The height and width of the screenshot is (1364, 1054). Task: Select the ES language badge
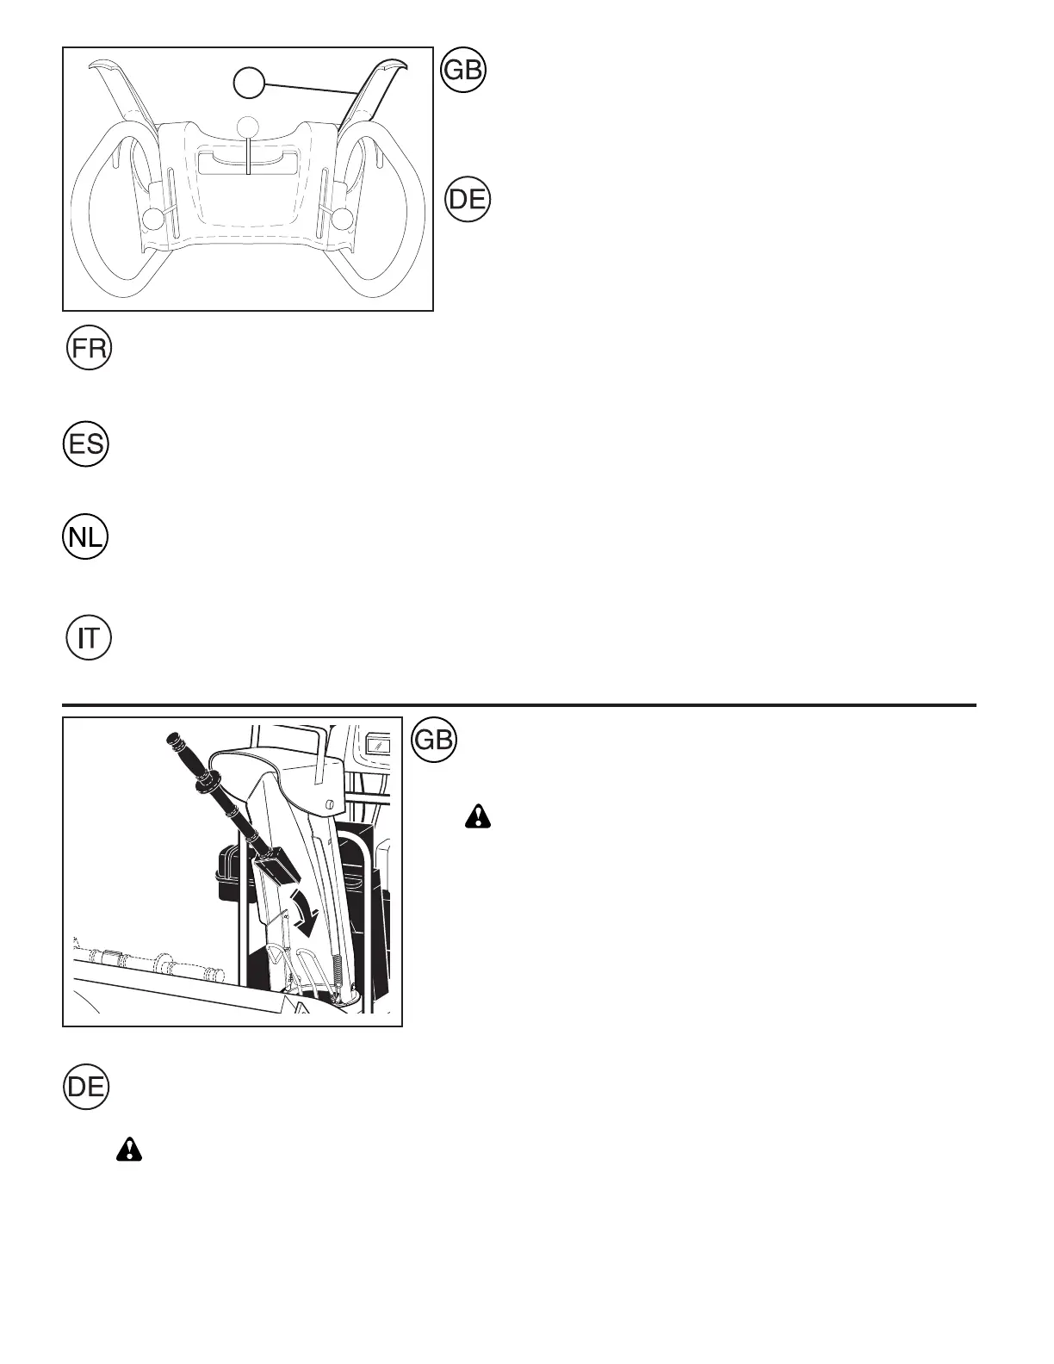[x=86, y=445]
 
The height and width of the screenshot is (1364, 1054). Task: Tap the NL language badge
[x=86, y=536]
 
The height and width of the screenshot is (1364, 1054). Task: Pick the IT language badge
[x=90, y=638]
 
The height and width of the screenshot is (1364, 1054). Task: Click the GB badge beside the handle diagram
[x=463, y=71]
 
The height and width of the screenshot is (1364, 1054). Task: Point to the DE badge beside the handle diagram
[x=468, y=200]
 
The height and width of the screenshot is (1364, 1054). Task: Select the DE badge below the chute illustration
[x=86, y=1086]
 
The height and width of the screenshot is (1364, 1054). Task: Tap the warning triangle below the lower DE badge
[x=129, y=1149]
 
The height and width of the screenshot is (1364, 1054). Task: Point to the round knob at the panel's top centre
[x=248, y=125]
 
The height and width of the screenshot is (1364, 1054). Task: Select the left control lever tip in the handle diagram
[x=102, y=67]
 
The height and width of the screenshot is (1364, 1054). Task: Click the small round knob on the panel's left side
[x=152, y=219]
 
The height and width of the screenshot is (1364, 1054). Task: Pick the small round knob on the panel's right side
[x=343, y=219]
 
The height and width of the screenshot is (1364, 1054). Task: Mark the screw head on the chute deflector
[x=329, y=803]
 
